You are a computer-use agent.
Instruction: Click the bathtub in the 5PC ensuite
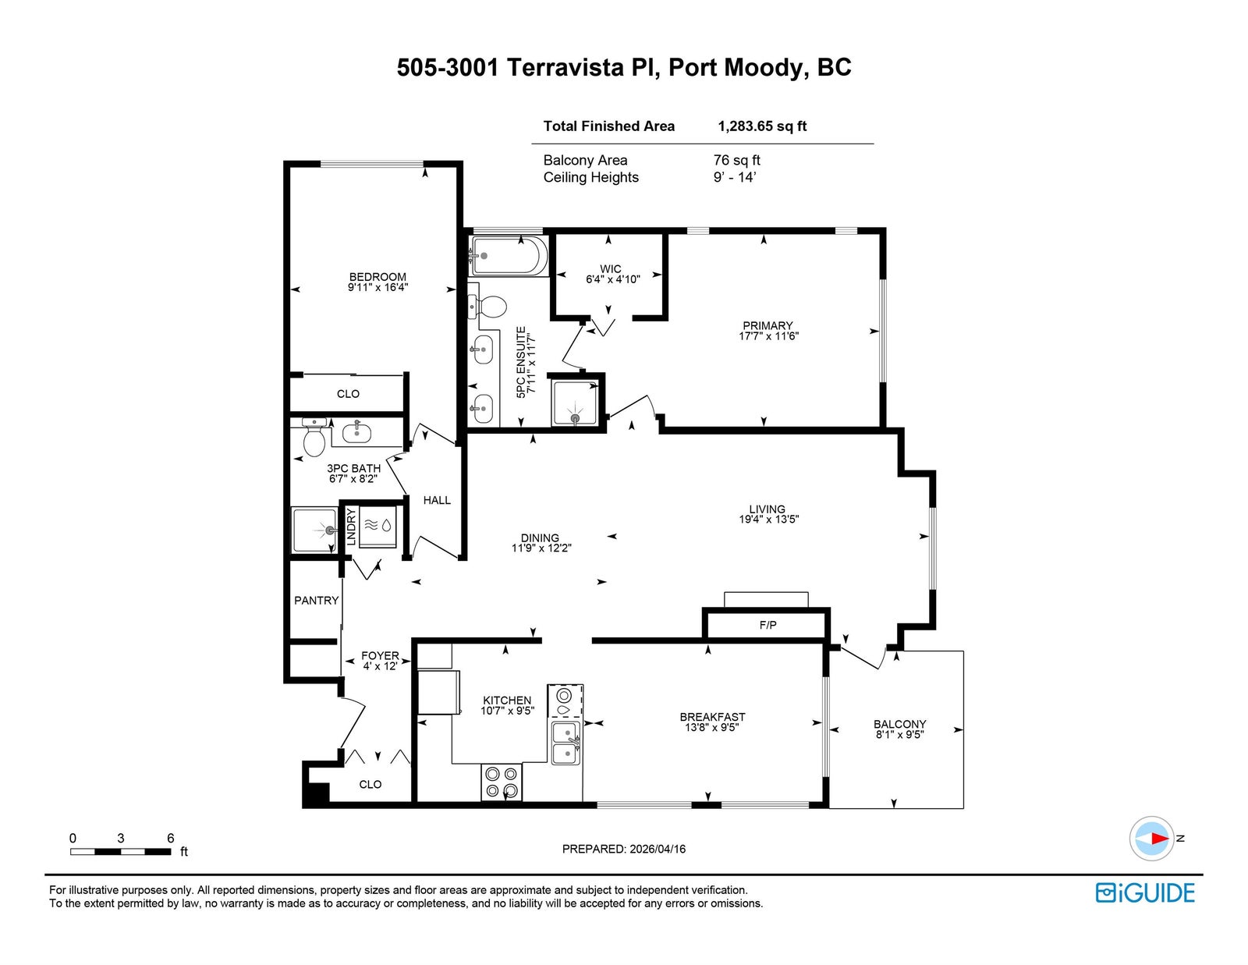tap(508, 255)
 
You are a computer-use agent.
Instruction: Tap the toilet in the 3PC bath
tap(314, 440)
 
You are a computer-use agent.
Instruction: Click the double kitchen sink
tap(565, 743)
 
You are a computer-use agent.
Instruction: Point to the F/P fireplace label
tap(768, 625)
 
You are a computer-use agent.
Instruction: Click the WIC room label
tap(611, 269)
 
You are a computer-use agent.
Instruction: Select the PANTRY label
tap(316, 600)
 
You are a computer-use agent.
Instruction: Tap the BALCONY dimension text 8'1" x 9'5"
tap(899, 734)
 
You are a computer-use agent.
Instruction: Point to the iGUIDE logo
tap(1145, 892)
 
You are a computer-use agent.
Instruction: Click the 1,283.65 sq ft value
tap(762, 126)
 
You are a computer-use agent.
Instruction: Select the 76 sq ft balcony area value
tap(736, 160)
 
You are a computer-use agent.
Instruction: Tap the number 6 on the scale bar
tap(171, 839)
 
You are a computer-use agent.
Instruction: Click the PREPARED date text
tap(623, 849)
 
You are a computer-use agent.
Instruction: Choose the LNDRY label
tap(351, 527)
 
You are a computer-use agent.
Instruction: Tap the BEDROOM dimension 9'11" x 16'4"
tap(378, 287)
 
